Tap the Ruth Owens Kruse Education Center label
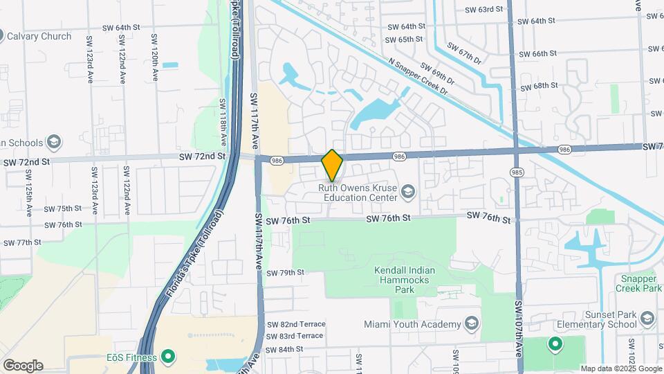coord(360,191)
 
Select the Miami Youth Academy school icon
coord(471,324)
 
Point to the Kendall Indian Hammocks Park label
coord(402,280)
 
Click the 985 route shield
coord(516,172)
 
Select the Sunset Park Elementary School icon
coord(647,318)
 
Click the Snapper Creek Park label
coord(637,283)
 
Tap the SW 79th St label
coord(285,272)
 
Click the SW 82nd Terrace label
coord(295,324)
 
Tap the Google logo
coord(22,365)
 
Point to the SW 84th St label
coord(285,349)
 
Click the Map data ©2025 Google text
coord(620,368)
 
